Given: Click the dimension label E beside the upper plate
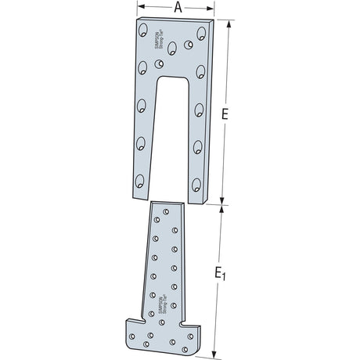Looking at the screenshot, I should (225, 114).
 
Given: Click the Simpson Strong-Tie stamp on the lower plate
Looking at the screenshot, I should (160, 303).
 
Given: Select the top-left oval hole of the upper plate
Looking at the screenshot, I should (143, 32).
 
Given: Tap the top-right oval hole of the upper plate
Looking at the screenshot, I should (202, 34).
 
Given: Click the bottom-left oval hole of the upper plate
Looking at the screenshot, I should (139, 183).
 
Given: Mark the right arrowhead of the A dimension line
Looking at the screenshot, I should (213, 9).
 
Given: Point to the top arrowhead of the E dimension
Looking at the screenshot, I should (229, 23).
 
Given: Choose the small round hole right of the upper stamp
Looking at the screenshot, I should (189, 45).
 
